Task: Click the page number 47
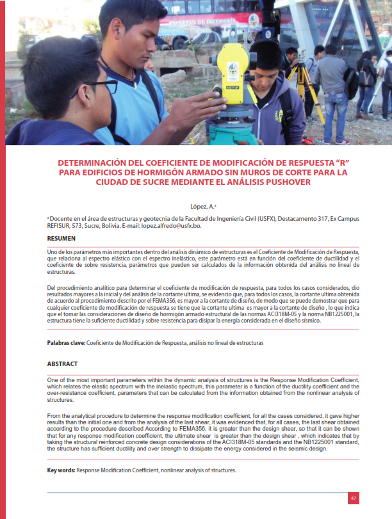pos(353,498)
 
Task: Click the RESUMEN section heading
pos(61,239)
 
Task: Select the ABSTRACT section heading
pos(63,363)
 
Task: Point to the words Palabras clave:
pos(66,343)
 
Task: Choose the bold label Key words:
pos(61,470)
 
